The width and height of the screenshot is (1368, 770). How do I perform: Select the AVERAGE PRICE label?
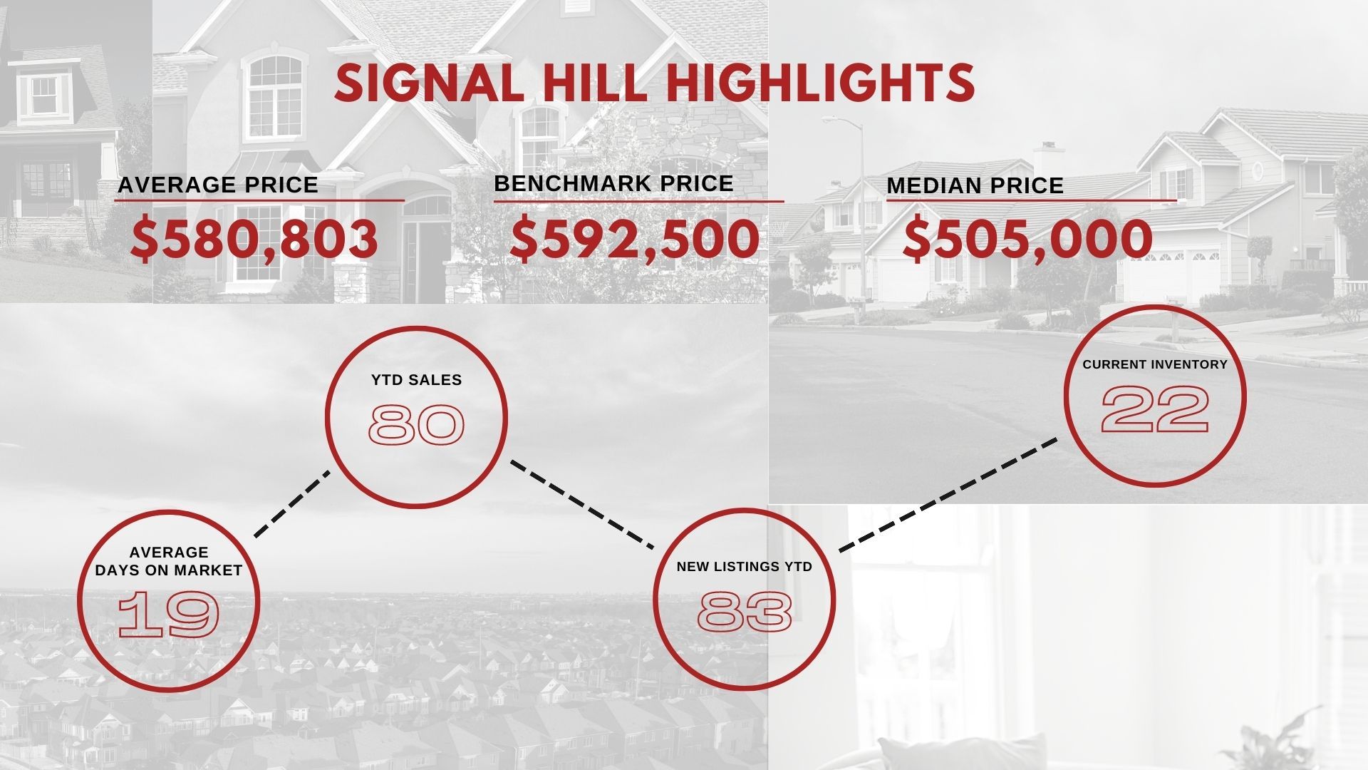tap(218, 185)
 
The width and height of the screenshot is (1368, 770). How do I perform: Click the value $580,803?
tap(255, 240)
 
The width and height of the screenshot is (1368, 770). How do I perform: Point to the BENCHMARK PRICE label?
tap(613, 183)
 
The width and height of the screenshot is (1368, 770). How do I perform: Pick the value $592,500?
tap(636, 239)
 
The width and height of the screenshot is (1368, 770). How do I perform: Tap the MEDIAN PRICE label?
tap(975, 185)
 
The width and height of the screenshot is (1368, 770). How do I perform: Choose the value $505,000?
tap(1027, 239)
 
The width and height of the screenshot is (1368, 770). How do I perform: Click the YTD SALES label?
tap(417, 380)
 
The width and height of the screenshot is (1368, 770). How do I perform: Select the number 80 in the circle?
tap(417, 425)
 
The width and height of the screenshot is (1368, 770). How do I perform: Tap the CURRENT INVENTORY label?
tap(1155, 364)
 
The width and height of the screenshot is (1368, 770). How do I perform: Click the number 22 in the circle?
tap(1155, 410)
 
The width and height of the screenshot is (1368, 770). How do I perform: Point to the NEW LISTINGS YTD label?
tap(745, 567)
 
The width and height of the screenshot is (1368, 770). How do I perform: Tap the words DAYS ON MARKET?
tap(169, 570)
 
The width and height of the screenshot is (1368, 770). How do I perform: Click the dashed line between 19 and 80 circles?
tap(292, 503)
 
